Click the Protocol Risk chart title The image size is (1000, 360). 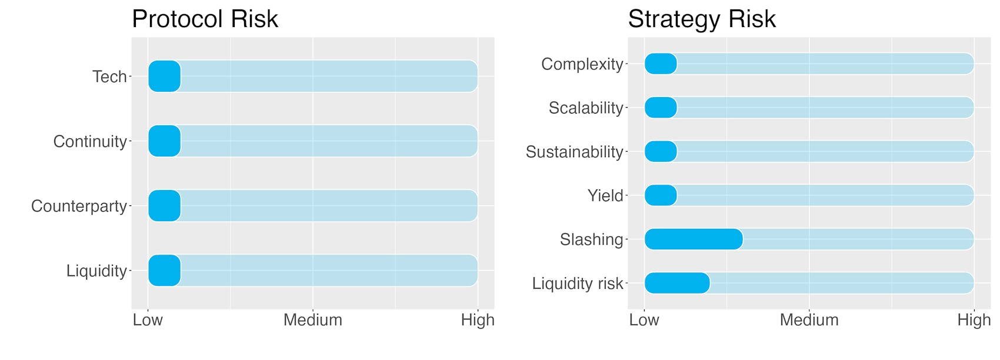click(x=205, y=19)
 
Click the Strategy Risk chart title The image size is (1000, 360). click(x=702, y=19)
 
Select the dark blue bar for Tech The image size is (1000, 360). click(x=165, y=76)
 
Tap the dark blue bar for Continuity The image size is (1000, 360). click(x=165, y=141)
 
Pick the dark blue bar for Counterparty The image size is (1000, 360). click(x=165, y=206)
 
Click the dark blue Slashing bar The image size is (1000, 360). click(x=694, y=239)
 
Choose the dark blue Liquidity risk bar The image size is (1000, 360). click(x=677, y=283)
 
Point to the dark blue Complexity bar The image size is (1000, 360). click(x=661, y=64)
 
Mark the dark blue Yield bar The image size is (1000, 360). click(x=661, y=196)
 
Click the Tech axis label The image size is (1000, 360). click(x=110, y=77)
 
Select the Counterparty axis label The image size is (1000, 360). click(x=79, y=206)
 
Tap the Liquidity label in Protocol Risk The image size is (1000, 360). click(x=97, y=271)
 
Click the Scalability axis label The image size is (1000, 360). click(x=586, y=108)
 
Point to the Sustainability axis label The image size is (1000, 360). click(x=575, y=152)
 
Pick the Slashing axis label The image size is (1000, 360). click(x=592, y=240)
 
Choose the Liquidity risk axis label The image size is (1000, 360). click(x=578, y=284)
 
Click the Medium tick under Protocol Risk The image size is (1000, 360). click(x=313, y=320)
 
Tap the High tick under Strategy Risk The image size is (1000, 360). click(x=974, y=320)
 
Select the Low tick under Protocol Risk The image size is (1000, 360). click(x=148, y=320)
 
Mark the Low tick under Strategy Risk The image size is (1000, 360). click(x=644, y=320)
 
